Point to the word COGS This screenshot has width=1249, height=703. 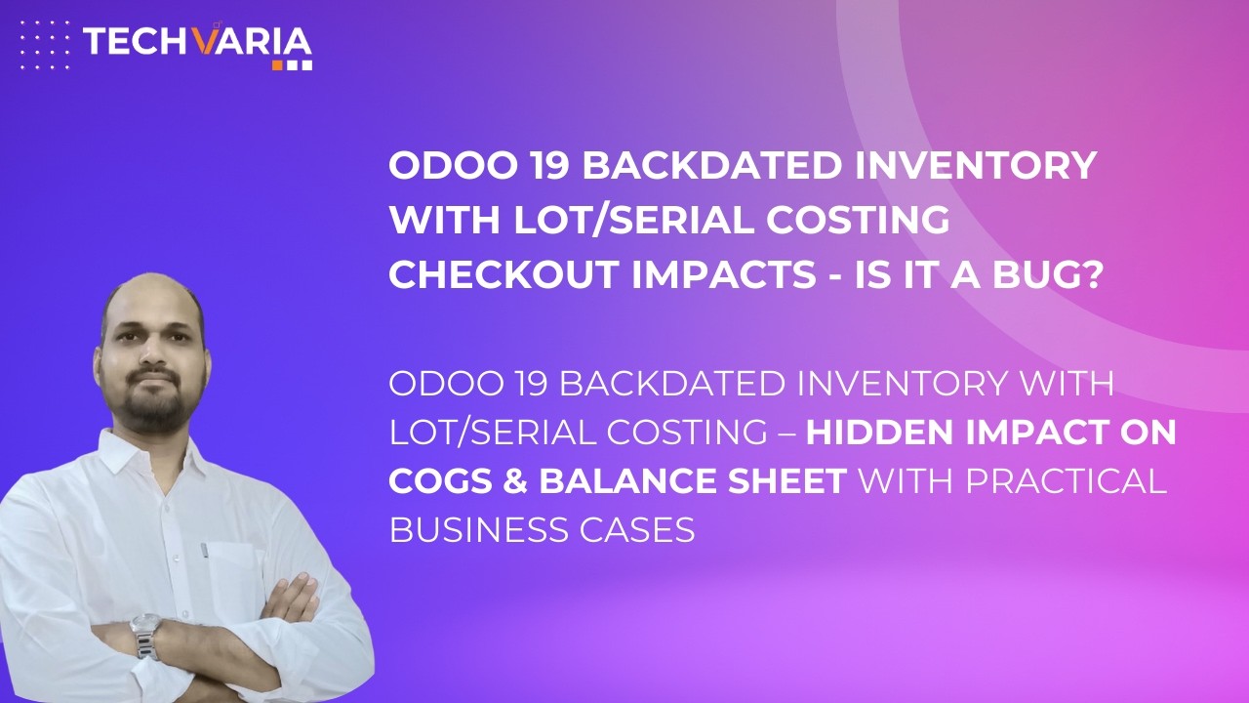point(444,481)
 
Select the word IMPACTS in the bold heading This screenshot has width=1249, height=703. point(684,274)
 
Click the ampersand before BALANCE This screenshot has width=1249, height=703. point(519,481)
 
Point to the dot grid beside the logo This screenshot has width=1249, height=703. point(45,44)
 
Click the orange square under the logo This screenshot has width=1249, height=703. point(278,64)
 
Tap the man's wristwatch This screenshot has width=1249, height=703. point(145,634)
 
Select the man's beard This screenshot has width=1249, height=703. point(156,410)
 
